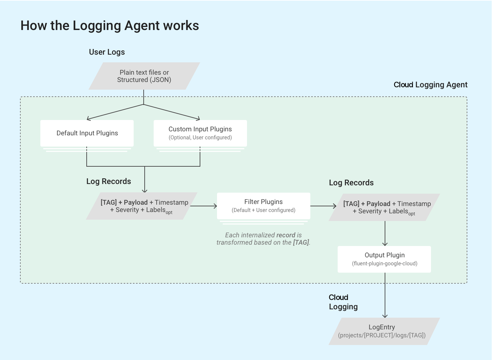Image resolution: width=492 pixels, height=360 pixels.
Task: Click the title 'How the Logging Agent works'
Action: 110,26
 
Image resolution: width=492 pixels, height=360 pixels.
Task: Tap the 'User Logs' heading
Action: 107,52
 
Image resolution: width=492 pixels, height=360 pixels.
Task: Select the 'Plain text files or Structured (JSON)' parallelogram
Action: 144,76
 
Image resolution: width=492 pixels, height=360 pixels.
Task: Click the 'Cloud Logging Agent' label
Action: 430,85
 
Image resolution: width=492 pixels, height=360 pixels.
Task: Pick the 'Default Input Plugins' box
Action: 87,133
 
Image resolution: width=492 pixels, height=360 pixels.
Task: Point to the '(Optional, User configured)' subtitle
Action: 200,138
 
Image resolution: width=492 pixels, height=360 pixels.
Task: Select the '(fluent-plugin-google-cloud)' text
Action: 384,264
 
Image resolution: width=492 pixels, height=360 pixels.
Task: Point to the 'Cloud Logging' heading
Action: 343,302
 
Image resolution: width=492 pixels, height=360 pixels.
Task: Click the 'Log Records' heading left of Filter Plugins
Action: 109,181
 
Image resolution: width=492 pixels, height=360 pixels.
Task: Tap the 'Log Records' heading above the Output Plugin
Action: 351,183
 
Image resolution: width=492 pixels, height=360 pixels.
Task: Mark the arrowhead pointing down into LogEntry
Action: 385,315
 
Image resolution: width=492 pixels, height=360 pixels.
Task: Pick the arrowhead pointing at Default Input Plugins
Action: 88,118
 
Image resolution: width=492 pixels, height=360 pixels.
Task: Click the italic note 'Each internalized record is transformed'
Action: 263,239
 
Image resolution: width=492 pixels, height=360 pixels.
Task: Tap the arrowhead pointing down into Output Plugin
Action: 385,244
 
